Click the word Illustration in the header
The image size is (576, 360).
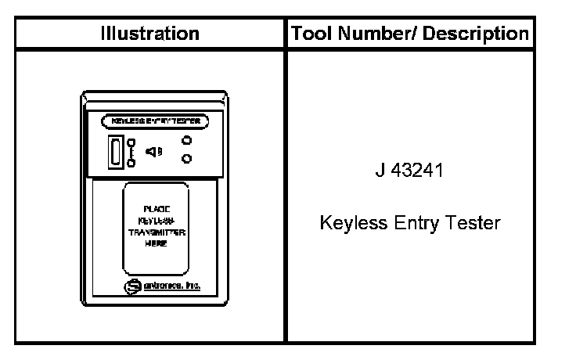coord(149,34)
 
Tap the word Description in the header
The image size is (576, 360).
coord(484,34)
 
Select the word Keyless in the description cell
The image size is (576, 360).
coord(348,223)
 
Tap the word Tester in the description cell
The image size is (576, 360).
coord(474,223)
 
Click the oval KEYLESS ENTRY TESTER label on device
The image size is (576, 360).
coord(155,121)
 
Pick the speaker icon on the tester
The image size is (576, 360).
coord(154,151)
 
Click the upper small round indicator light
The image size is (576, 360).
coord(186,141)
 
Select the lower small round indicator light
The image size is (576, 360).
coord(186,160)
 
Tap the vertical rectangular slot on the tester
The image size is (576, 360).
coord(115,151)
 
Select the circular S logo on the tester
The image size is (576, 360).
coord(130,286)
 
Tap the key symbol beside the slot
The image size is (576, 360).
coord(131,152)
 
